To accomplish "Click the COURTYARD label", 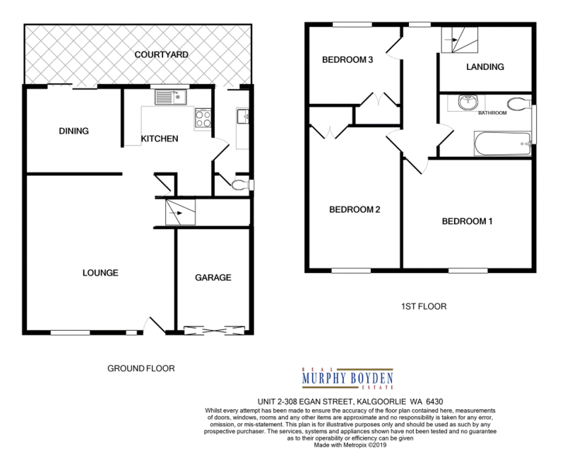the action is tap(161, 54).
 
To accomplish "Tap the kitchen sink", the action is tap(171, 97).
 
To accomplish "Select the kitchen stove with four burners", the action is tap(203, 118).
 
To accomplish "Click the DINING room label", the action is tap(74, 131).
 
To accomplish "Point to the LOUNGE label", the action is tap(100, 273).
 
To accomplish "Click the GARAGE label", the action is tap(213, 277).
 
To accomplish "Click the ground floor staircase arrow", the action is tap(175, 213).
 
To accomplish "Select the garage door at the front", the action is tap(214, 330).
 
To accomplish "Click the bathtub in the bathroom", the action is tap(502, 143).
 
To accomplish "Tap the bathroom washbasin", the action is tap(468, 102).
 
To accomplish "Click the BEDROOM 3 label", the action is tap(347, 59).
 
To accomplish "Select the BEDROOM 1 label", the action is tap(467, 221).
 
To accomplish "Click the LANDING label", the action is tap(485, 66).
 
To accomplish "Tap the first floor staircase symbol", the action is tap(460, 40).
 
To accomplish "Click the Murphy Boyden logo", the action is tap(347, 378).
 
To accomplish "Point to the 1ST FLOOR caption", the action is tap(424, 306).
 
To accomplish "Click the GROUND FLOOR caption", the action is tap(141, 368).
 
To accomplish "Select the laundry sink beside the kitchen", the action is tap(242, 116).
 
